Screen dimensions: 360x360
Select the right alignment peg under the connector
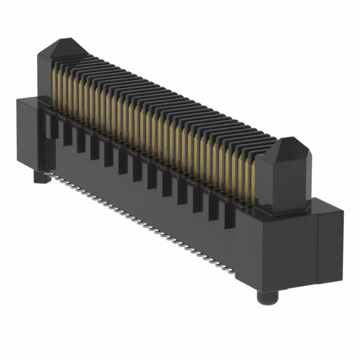[x=264, y=296]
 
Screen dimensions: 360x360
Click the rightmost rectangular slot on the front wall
[x=229, y=217]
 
